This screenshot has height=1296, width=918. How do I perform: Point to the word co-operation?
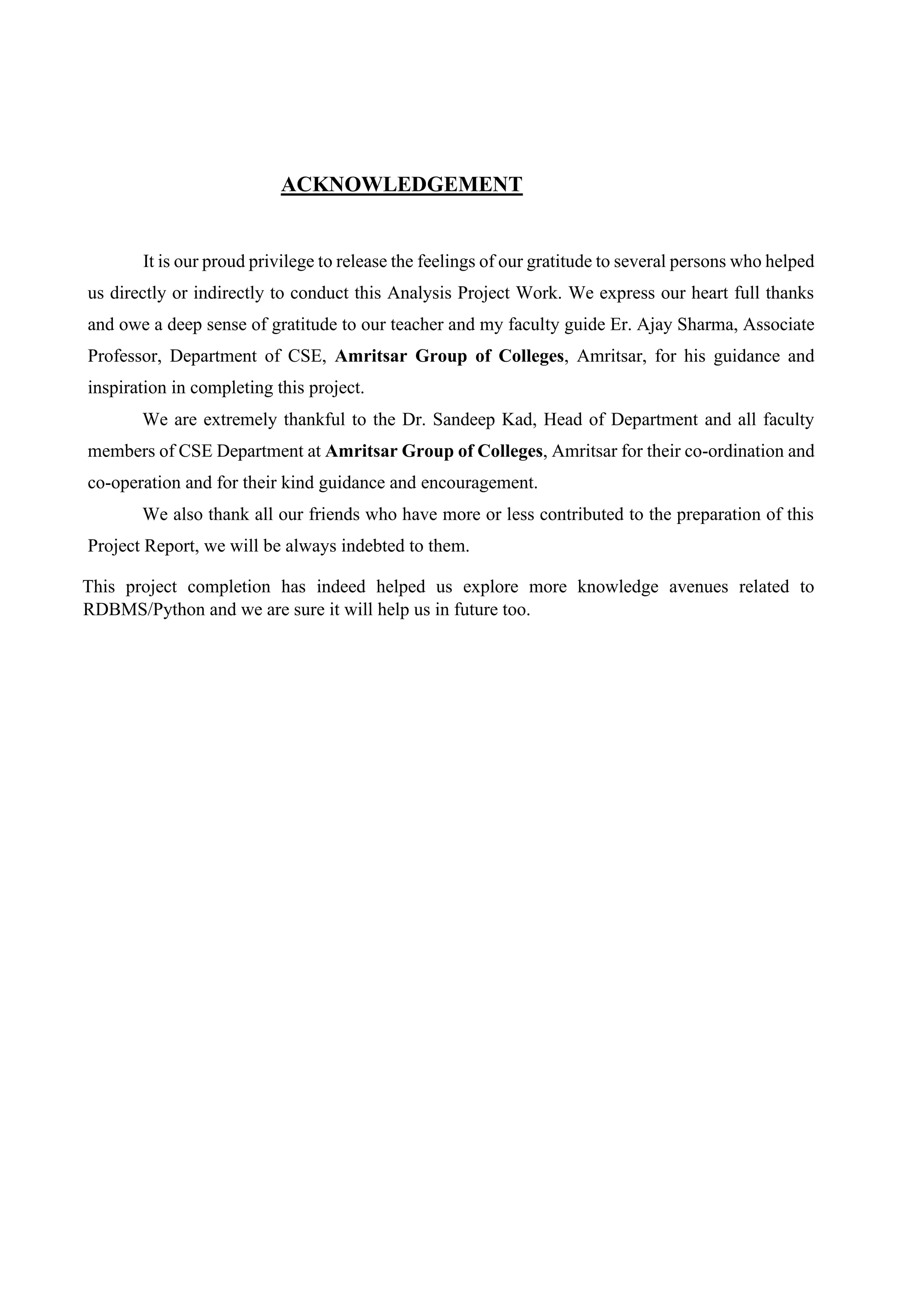coord(134,483)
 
